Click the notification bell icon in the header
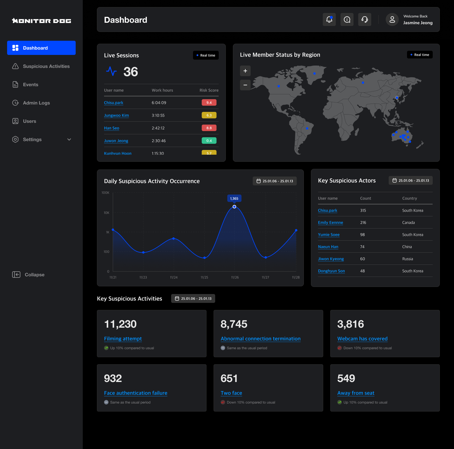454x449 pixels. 329,19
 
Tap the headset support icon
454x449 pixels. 364,19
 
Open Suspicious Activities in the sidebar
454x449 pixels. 46,66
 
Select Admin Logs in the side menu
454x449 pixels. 36,103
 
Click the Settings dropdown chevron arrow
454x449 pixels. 69,140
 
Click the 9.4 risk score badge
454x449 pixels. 209,102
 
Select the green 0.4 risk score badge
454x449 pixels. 209,141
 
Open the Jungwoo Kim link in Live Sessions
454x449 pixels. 116,115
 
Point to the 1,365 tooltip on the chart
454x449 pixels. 234,198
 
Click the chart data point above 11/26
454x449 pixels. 234,207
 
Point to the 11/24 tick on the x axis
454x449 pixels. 174,277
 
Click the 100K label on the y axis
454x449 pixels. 106,193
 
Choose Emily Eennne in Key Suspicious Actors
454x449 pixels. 330,223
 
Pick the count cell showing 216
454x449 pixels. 363,223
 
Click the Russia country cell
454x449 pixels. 408,259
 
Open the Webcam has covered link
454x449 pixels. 362,339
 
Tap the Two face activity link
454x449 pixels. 231,393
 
